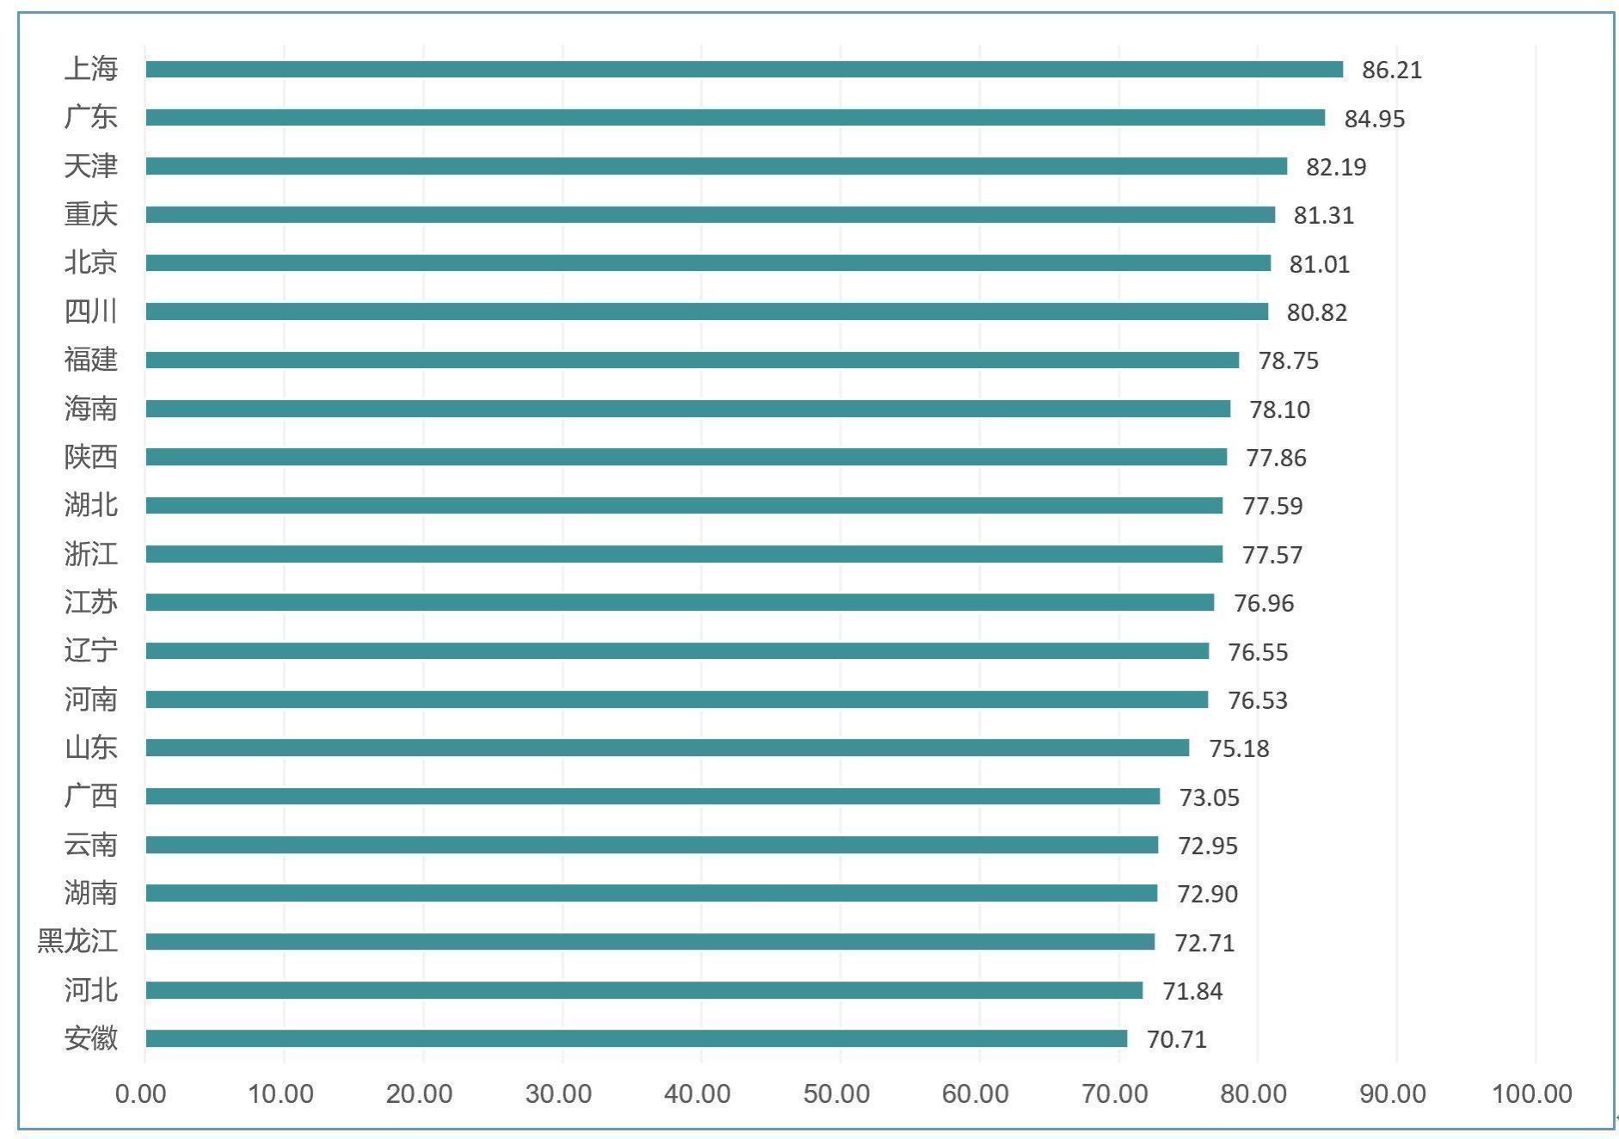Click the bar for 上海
tap(744, 70)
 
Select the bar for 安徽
tap(637, 1038)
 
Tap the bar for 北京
tap(708, 263)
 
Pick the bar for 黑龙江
tap(650, 942)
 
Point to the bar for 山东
tap(668, 748)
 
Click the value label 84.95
tap(1374, 119)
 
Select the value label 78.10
tap(1279, 409)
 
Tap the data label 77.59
tap(1272, 506)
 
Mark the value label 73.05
tap(1209, 797)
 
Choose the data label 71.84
tap(1192, 991)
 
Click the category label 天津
tap(90, 166)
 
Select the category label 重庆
tap(90, 214)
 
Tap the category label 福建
tap(90, 360)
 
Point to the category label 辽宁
tap(90, 650)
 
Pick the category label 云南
tap(90, 845)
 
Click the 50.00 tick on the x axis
tap(836, 1093)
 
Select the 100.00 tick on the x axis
tap(1531, 1093)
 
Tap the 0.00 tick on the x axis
tap(141, 1093)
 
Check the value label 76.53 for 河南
tap(1257, 700)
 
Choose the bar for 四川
tap(706, 311)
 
